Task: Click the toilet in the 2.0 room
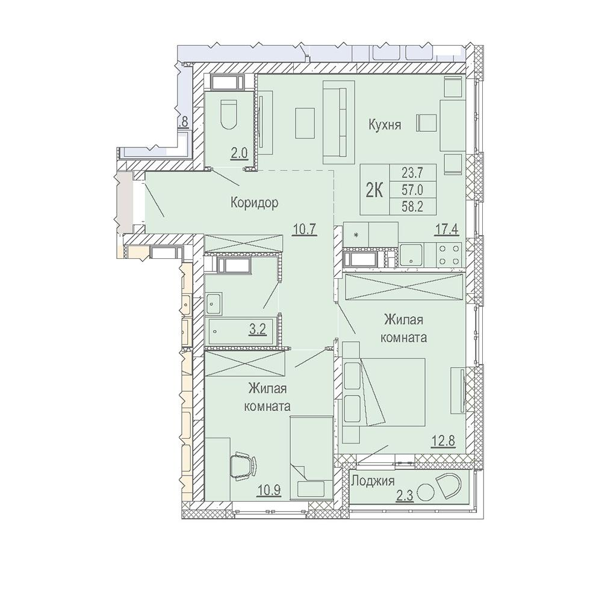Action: click(x=229, y=115)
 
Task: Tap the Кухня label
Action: click(x=385, y=125)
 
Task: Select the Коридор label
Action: click(x=254, y=202)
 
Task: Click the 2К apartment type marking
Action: click(x=374, y=190)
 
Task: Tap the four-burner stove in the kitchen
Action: click(x=450, y=255)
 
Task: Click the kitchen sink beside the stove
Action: click(x=411, y=255)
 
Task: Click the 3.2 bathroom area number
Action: click(x=258, y=329)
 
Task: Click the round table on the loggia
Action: click(x=426, y=492)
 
